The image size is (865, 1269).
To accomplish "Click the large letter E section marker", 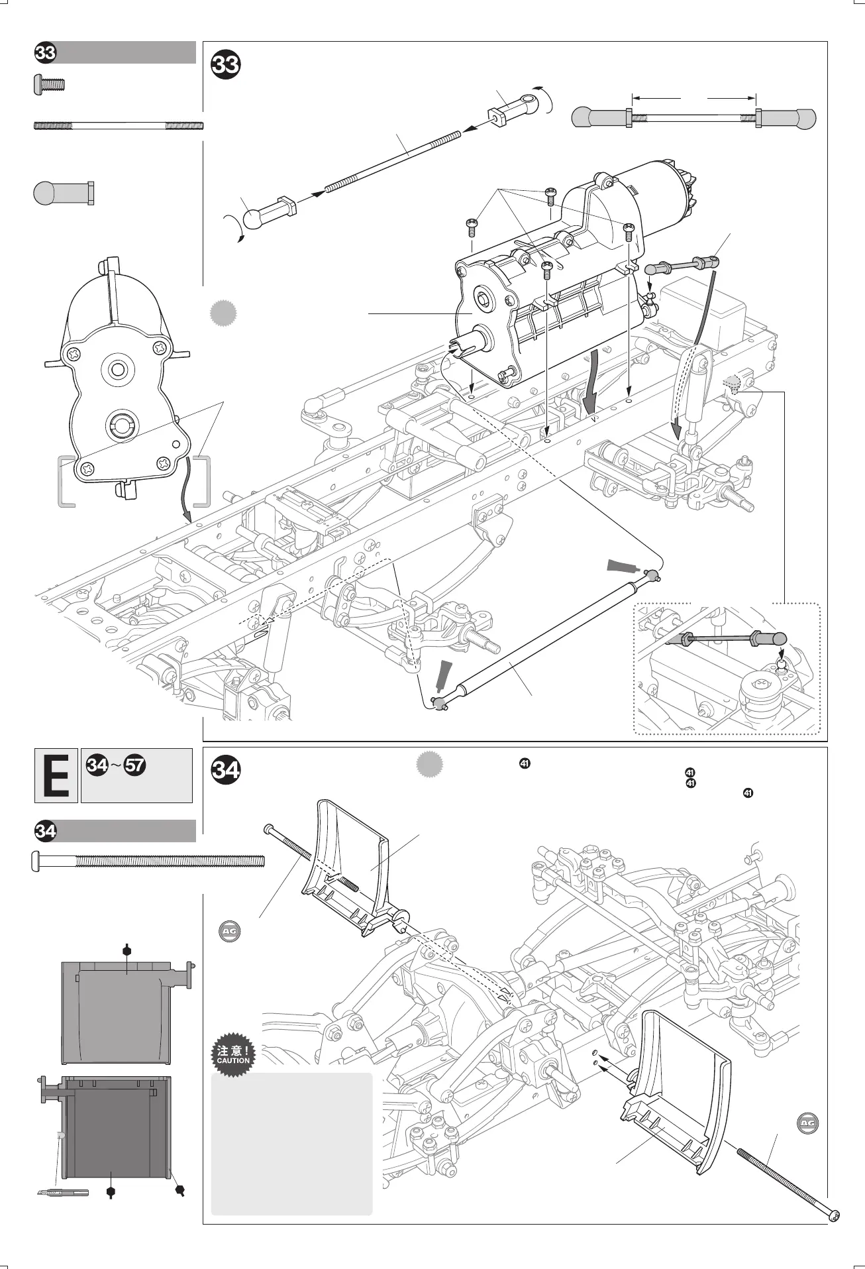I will (56, 776).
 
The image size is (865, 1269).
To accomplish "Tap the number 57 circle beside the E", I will (135, 765).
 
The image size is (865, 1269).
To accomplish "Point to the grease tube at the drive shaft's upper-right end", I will (623, 566).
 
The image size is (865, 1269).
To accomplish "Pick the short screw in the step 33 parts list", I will (48, 84).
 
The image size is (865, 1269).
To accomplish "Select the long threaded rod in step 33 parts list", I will (118, 125).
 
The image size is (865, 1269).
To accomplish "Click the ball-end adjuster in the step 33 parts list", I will (64, 192).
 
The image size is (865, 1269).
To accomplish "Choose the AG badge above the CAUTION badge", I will (229, 931).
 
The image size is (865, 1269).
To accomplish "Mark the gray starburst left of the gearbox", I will (223, 313).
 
